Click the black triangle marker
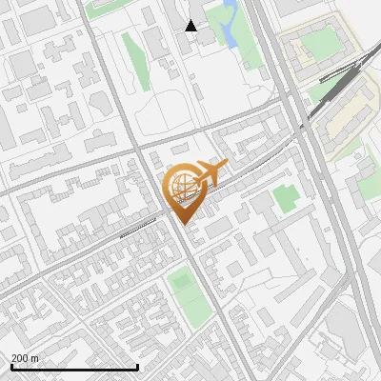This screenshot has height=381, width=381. tap(191, 26)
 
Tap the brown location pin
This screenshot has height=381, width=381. tap(183, 195)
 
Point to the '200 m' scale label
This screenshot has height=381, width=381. tap(25, 358)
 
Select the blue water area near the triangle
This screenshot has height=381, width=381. tap(228, 23)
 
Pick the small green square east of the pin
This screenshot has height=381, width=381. tap(285, 199)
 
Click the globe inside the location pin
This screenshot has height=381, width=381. tap(182, 186)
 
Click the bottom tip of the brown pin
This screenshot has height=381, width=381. tap(183, 224)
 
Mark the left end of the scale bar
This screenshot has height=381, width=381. tap(11, 367)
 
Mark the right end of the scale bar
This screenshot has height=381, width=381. tap(138, 367)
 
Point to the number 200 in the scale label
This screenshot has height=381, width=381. tap(20, 358)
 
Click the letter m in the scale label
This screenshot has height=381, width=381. tap(35, 358)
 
